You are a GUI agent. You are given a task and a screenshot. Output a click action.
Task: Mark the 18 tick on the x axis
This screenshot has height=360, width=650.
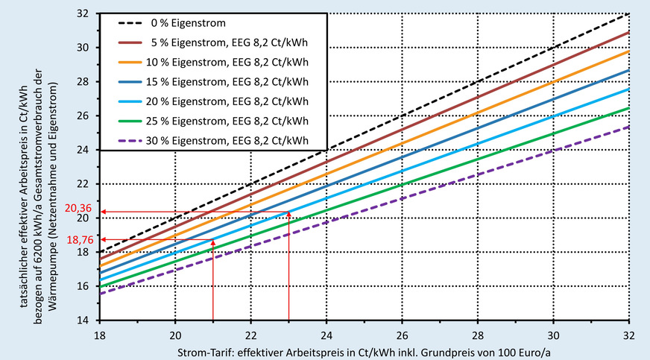pyautogui.click(x=99, y=335)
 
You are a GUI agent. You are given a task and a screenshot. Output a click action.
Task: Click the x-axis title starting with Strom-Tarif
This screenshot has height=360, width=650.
pyautogui.click(x=365, y=350)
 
